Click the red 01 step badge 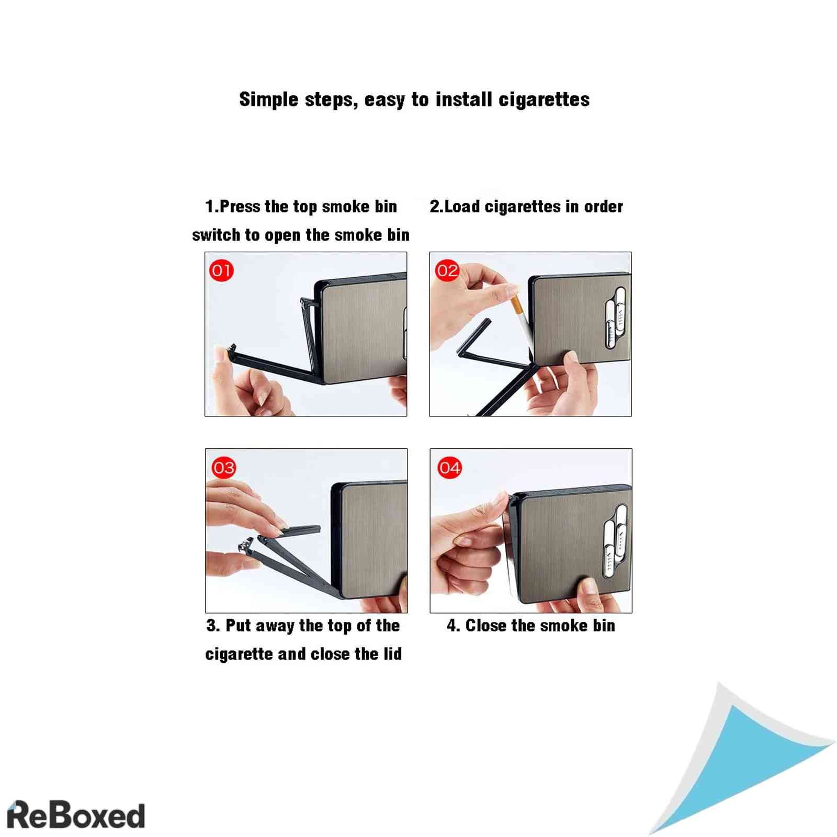221,270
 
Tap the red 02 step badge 447,270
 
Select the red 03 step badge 223,467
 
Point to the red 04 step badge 449,467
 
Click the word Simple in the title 269,99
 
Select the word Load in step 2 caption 462,207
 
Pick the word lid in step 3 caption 393,654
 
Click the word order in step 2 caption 604,207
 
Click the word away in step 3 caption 275,626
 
